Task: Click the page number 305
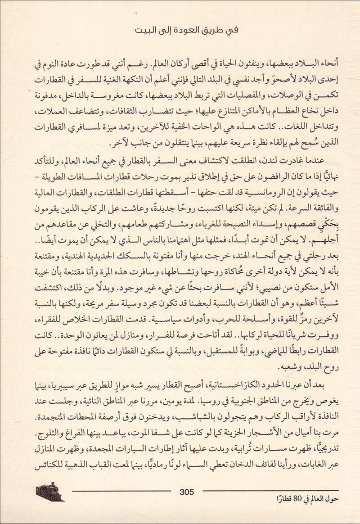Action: pyautogui.click(x=186, y=492)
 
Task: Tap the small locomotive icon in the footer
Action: pyautogui.click(x=50, y=492)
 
